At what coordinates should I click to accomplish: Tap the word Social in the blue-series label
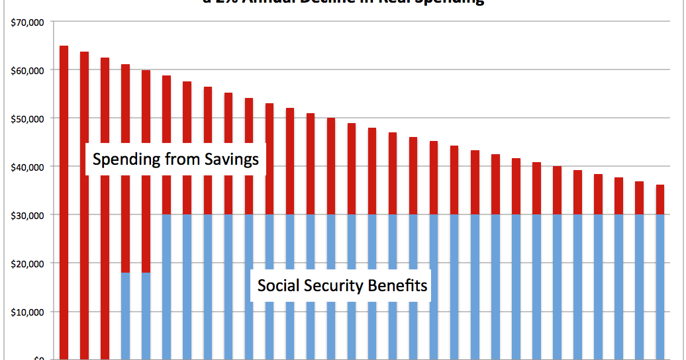click(275, 286)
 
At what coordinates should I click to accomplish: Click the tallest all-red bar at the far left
click(64, 199)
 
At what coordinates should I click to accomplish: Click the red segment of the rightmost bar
click(660, 200)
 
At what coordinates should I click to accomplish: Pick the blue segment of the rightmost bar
click(660, 285)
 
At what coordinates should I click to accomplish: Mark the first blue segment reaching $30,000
click(166, 285)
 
